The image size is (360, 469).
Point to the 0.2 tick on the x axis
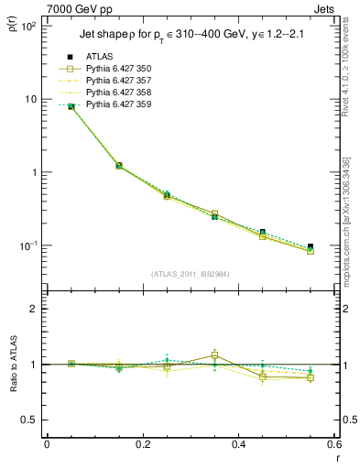(143, 445)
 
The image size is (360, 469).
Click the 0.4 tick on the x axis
(239, 445)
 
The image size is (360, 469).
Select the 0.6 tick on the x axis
(334, 445)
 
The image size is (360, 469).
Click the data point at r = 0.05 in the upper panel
(71, 106)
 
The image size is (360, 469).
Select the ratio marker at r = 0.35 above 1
(214, 354)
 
